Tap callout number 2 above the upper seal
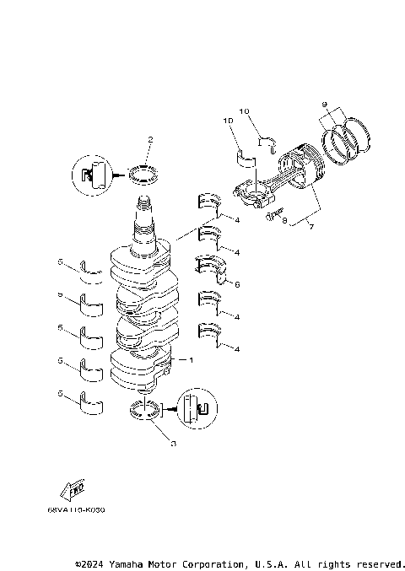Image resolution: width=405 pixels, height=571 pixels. (149, 139)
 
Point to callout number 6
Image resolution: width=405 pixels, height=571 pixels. (237, 284)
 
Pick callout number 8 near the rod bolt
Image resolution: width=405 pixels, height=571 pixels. (284, 222)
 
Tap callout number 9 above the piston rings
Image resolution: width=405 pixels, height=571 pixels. (324, 105)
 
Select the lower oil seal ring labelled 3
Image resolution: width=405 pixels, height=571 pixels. (145, 412)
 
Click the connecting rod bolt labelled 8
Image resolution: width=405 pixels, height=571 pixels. (272, 216)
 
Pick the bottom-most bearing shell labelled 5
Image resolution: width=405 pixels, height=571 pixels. (90, 401)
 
